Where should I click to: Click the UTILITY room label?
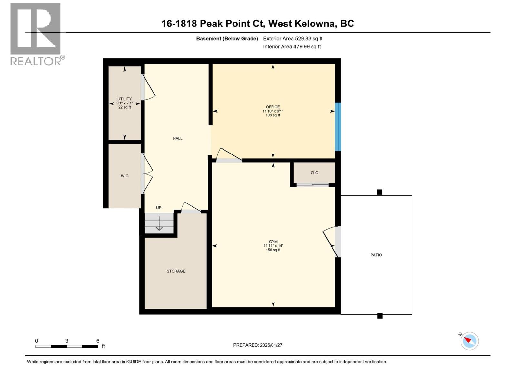pos(124,99)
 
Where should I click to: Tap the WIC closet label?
pos(124,176)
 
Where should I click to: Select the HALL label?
pos(177,139)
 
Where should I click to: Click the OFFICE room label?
pos(273,107)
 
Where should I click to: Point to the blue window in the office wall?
pos(338,127)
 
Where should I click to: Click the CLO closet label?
pos(314,173)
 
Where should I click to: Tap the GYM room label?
pos(273,242)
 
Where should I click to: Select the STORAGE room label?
pos(176,271)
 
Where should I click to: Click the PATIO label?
pos(376,255)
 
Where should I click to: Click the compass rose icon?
pos(470,341)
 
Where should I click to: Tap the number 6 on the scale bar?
pos(98,341)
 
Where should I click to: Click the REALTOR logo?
pos(36,34)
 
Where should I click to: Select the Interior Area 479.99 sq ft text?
pos(292,47)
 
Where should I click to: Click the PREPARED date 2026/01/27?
pos(258,345)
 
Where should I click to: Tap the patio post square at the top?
pos(380,192)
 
